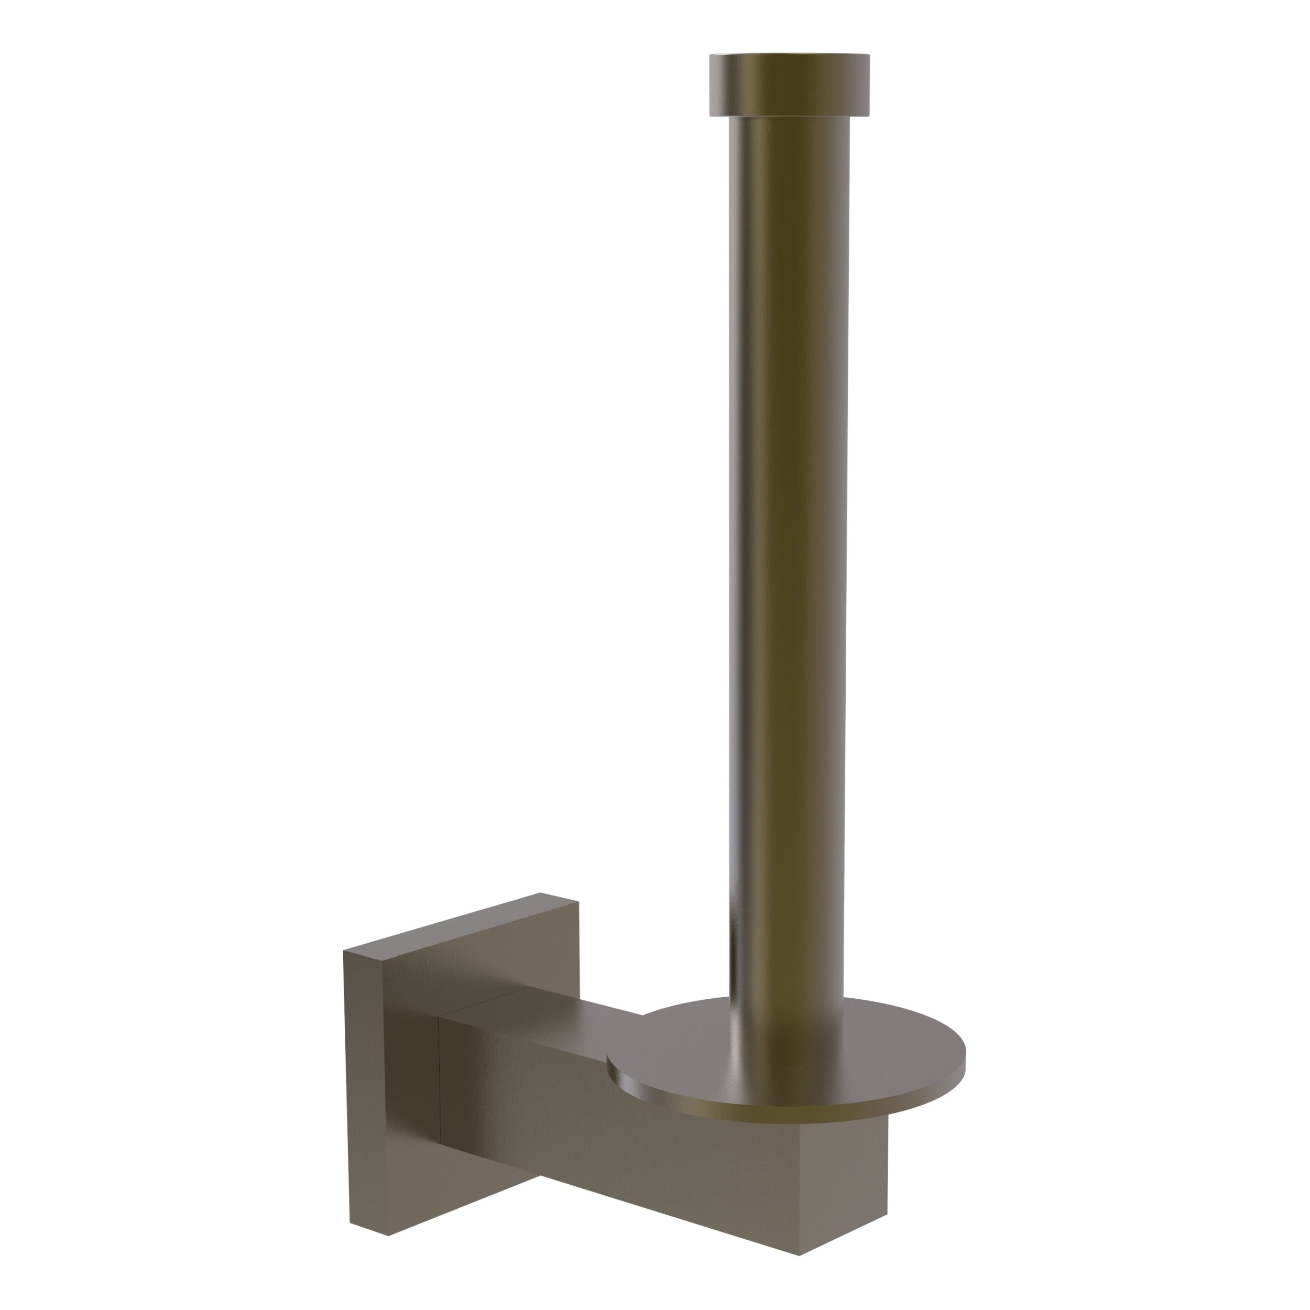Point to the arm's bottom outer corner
[800, 1254]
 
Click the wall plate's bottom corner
[388, 1236]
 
